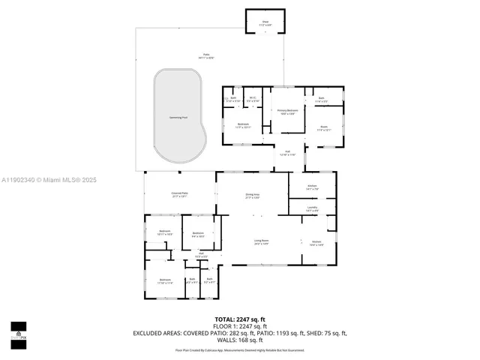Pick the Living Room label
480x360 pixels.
[261, 241]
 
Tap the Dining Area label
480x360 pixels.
[252, 196]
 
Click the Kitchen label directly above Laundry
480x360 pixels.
[312, 187]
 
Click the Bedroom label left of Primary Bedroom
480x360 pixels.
[242, 125]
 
